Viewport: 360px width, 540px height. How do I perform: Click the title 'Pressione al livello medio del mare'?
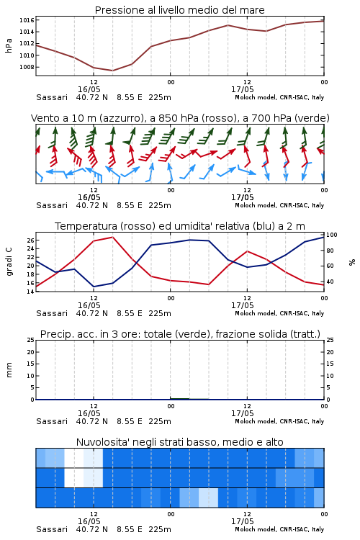tap(179, 10)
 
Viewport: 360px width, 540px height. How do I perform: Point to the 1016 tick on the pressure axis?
tap(27, 20)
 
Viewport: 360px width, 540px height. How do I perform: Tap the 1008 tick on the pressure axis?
tap(27, 67)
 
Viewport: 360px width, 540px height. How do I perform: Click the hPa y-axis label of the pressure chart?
tap(9, 45)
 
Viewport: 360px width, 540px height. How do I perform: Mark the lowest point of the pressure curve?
tap(112, 71)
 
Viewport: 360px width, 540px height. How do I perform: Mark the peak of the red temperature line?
tap(112, 237)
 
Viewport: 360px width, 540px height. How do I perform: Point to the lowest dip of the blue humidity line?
tap(94, 287)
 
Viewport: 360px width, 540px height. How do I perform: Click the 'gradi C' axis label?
tap(9, 261)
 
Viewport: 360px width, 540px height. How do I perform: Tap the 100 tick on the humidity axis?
tap(332, 235)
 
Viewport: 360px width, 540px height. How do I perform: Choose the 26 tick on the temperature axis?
tap(31, 240)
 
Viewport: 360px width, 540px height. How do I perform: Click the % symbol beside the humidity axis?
tap(352, 262)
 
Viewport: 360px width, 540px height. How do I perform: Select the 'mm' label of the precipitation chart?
tap(9, 370)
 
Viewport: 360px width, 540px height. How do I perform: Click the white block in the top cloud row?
tap(74, 458)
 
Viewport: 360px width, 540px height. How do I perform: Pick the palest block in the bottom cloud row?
tap(208, 498)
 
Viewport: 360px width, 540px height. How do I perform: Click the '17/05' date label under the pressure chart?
tap(243, 89)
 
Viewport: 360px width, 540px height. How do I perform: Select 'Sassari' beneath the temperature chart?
tap(52, 313)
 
